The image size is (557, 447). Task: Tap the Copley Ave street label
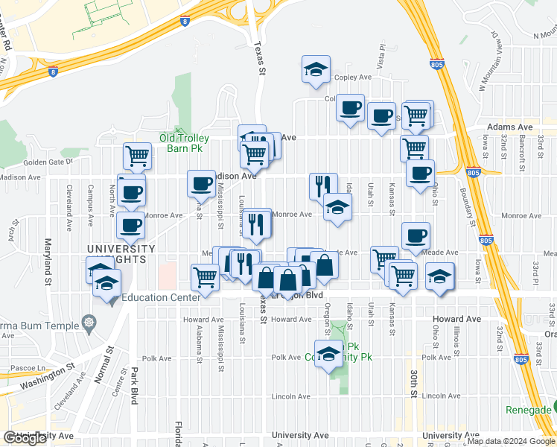coord(353,77)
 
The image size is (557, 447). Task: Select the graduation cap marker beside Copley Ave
coord(316,69)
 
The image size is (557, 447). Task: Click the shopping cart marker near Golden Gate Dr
coord(137,156)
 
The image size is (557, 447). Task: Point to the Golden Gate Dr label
coord(48,161)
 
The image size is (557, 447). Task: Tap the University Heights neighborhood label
coord(121,253)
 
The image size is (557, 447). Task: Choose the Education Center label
coord(161,297)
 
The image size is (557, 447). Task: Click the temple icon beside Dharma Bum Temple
coord(89,323)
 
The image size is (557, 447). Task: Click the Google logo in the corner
coord(25,438)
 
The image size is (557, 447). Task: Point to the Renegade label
coord(528,410)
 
